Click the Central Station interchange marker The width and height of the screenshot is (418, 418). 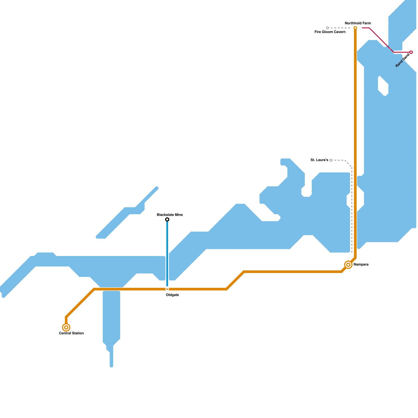click(66, 327)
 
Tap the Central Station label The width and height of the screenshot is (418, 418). click(71, 333)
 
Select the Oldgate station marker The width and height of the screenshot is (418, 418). click(167, 289)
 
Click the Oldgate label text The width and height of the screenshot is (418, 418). click(172, 295)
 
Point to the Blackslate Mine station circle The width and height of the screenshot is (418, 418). click(167, 219)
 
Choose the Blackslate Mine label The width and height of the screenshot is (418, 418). click(170, 215)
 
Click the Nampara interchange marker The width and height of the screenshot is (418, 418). click(348, 265)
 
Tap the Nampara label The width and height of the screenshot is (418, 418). click(361, 265)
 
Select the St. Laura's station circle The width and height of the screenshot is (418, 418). click(331, 160)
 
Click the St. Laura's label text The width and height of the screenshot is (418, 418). click(319, 160)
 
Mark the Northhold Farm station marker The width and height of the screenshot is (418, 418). click(355, 28)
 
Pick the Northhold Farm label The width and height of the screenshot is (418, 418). click(358, 23)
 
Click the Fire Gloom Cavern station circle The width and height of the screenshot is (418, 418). click(327, 28)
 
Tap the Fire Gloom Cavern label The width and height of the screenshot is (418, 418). click(330, 32)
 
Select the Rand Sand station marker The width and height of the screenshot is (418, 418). click(411, 52)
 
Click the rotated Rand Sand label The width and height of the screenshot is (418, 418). click(403, 60)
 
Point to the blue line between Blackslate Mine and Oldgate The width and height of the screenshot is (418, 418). click(167, 253)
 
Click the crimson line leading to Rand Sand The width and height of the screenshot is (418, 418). click(381, 40)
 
